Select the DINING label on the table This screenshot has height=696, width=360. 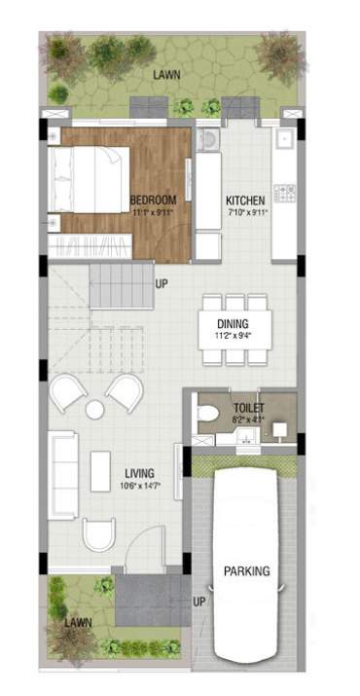(233, 324)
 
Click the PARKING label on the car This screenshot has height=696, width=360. (246, 571)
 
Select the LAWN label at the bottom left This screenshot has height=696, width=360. (78, 621)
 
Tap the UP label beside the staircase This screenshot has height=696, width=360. (162, 283)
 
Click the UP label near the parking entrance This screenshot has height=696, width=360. (198, 602)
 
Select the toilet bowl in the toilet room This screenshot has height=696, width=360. (207, 416)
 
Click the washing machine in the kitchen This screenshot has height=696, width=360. (207, 143)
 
